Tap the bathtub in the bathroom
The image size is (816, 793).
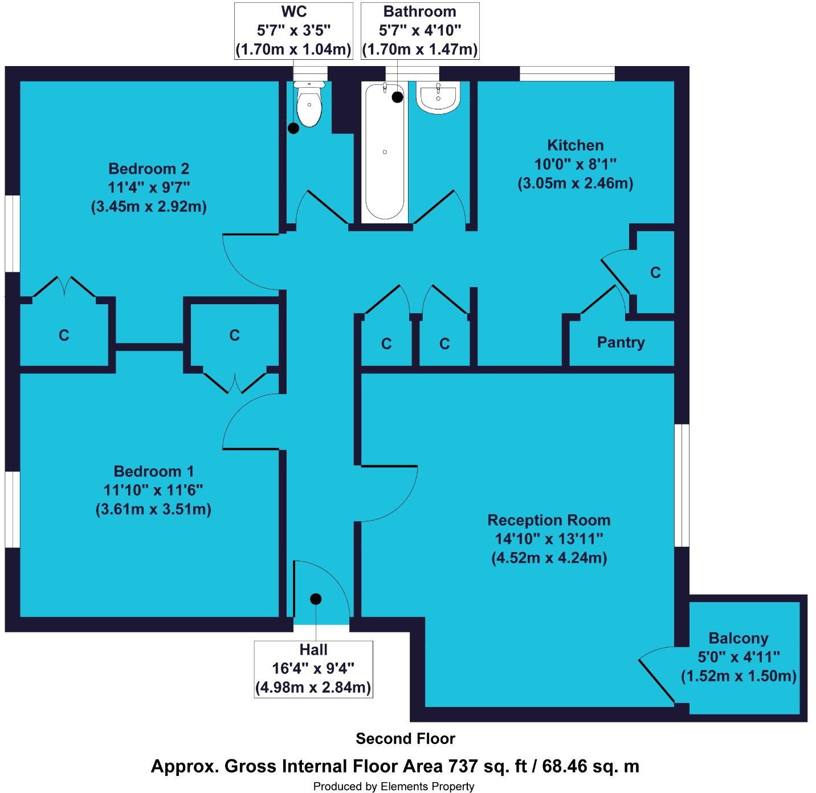(385, 153)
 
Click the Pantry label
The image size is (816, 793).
(621, 342)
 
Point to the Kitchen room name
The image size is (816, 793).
(575, 145)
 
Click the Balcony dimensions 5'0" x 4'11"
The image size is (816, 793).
(739, 657)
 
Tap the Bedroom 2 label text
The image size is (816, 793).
(149, 169)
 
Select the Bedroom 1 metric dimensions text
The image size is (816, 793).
(153, 509)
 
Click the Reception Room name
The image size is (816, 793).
(549, 520)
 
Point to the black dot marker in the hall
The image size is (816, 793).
(316, 599)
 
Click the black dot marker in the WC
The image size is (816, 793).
(293, 128)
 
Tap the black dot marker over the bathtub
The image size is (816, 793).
(397, 97)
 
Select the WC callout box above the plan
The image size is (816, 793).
(293, 31)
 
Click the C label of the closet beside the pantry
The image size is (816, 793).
(655, 273)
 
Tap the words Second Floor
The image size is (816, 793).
(405, 739)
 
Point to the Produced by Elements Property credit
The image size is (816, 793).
(393, 786)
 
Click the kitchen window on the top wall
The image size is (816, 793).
(567, 73)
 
